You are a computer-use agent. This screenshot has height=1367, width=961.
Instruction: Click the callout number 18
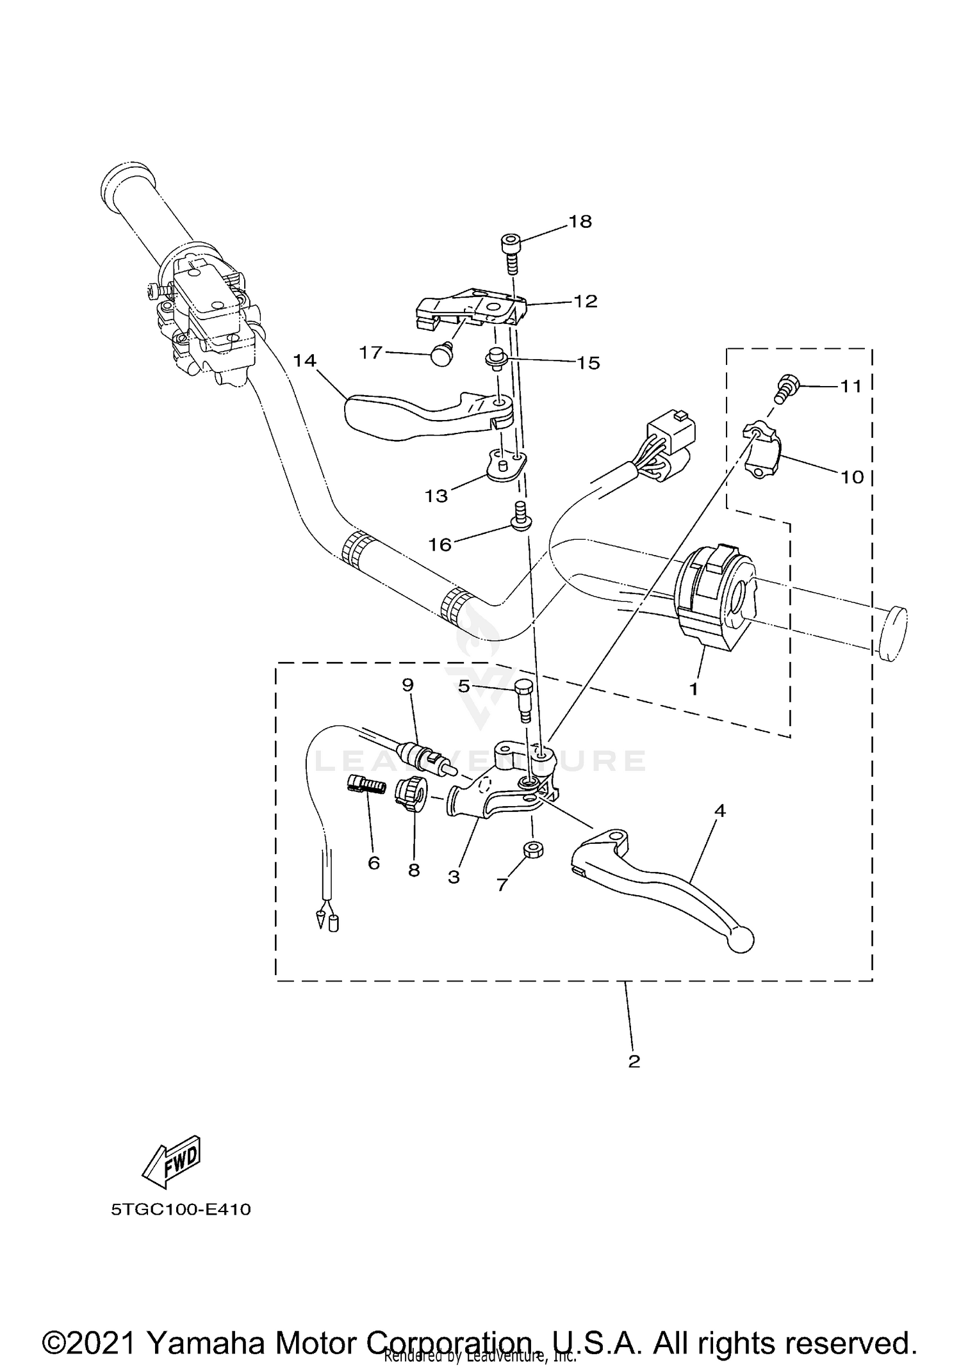click(x=580, y=222)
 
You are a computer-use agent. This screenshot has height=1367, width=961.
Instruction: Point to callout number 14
click(x=305, y=360)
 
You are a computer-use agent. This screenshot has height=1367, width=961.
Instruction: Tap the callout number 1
click(x=693, y=689)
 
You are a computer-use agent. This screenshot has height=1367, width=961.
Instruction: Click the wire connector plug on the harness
click(x=673, y=425)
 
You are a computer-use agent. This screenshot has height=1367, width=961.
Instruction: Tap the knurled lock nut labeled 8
click(x=408, y=795)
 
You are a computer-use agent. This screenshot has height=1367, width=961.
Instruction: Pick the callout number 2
click(x=634, y=1061)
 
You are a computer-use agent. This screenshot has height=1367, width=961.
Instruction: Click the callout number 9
click(x=407, y=684)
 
